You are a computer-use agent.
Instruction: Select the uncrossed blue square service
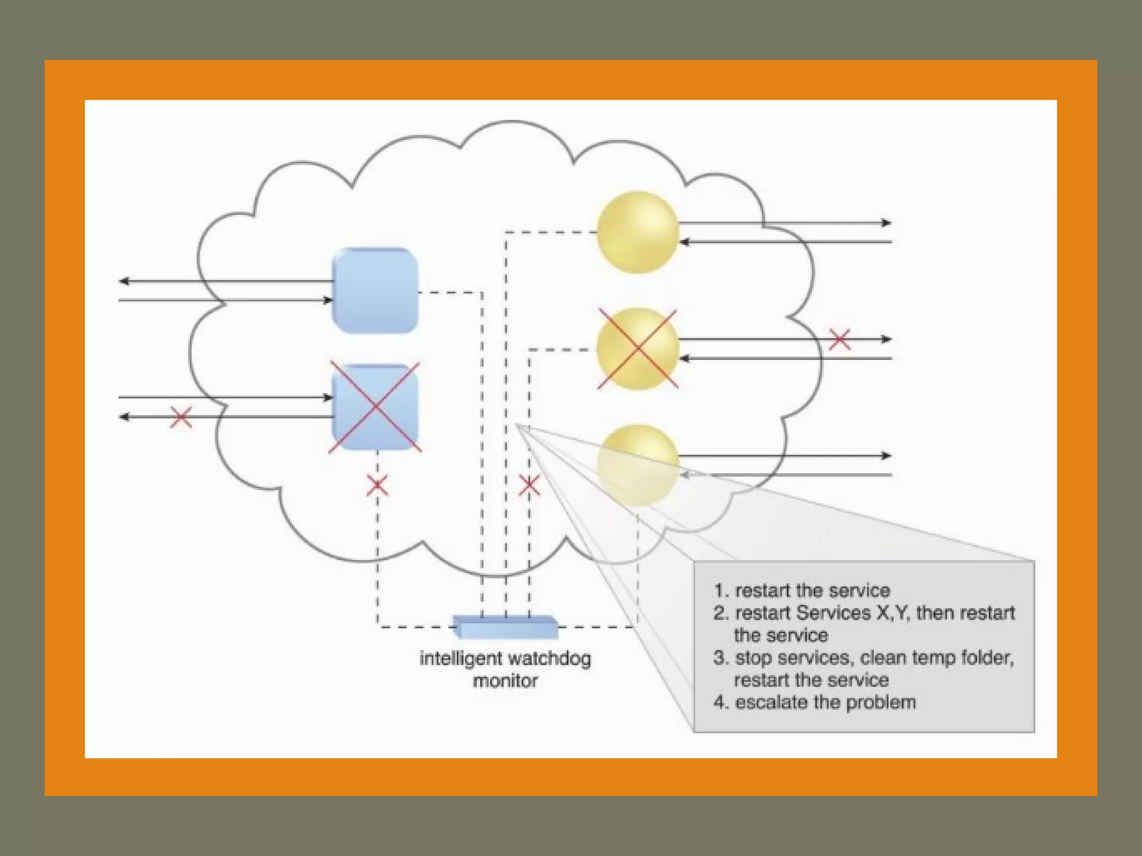click(375, 291)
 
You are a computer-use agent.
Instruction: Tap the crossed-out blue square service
click(375, 407)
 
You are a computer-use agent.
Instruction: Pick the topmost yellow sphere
click(637, 232)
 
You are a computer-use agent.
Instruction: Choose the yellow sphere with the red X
click(637, 349)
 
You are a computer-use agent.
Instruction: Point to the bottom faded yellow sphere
click(637, 465)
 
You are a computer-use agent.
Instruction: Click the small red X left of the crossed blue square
click(181, 417)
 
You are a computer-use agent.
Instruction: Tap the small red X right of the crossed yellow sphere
click(840, 339)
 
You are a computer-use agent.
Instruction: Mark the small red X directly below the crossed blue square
click(378, 485)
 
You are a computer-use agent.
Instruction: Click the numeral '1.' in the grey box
click(721, 591)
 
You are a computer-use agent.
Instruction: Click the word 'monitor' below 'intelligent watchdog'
click(505, 681)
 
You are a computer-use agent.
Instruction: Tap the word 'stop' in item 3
click(753, 658)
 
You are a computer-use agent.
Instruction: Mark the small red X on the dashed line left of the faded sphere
click(529, 485)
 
